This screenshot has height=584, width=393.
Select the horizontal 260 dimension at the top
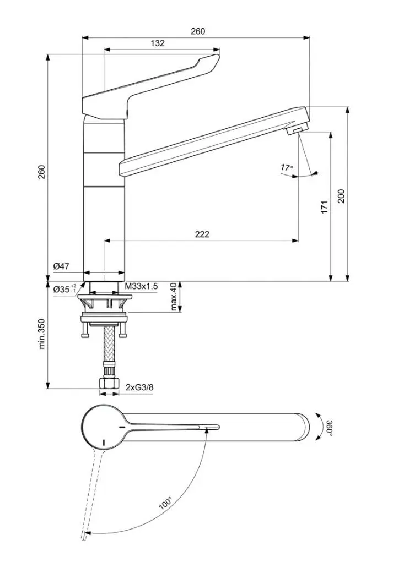198,31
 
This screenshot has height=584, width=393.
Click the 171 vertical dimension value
324,207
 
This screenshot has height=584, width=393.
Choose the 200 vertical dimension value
341,196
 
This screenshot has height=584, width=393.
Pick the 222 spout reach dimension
202,234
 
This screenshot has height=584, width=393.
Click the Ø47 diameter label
61,266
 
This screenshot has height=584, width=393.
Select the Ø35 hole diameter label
64,288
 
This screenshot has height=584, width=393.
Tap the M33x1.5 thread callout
141,286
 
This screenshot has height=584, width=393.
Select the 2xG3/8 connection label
139,387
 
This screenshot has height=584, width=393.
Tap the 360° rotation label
329,428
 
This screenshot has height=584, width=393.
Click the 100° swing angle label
166,504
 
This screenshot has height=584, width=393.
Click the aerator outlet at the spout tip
297,130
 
